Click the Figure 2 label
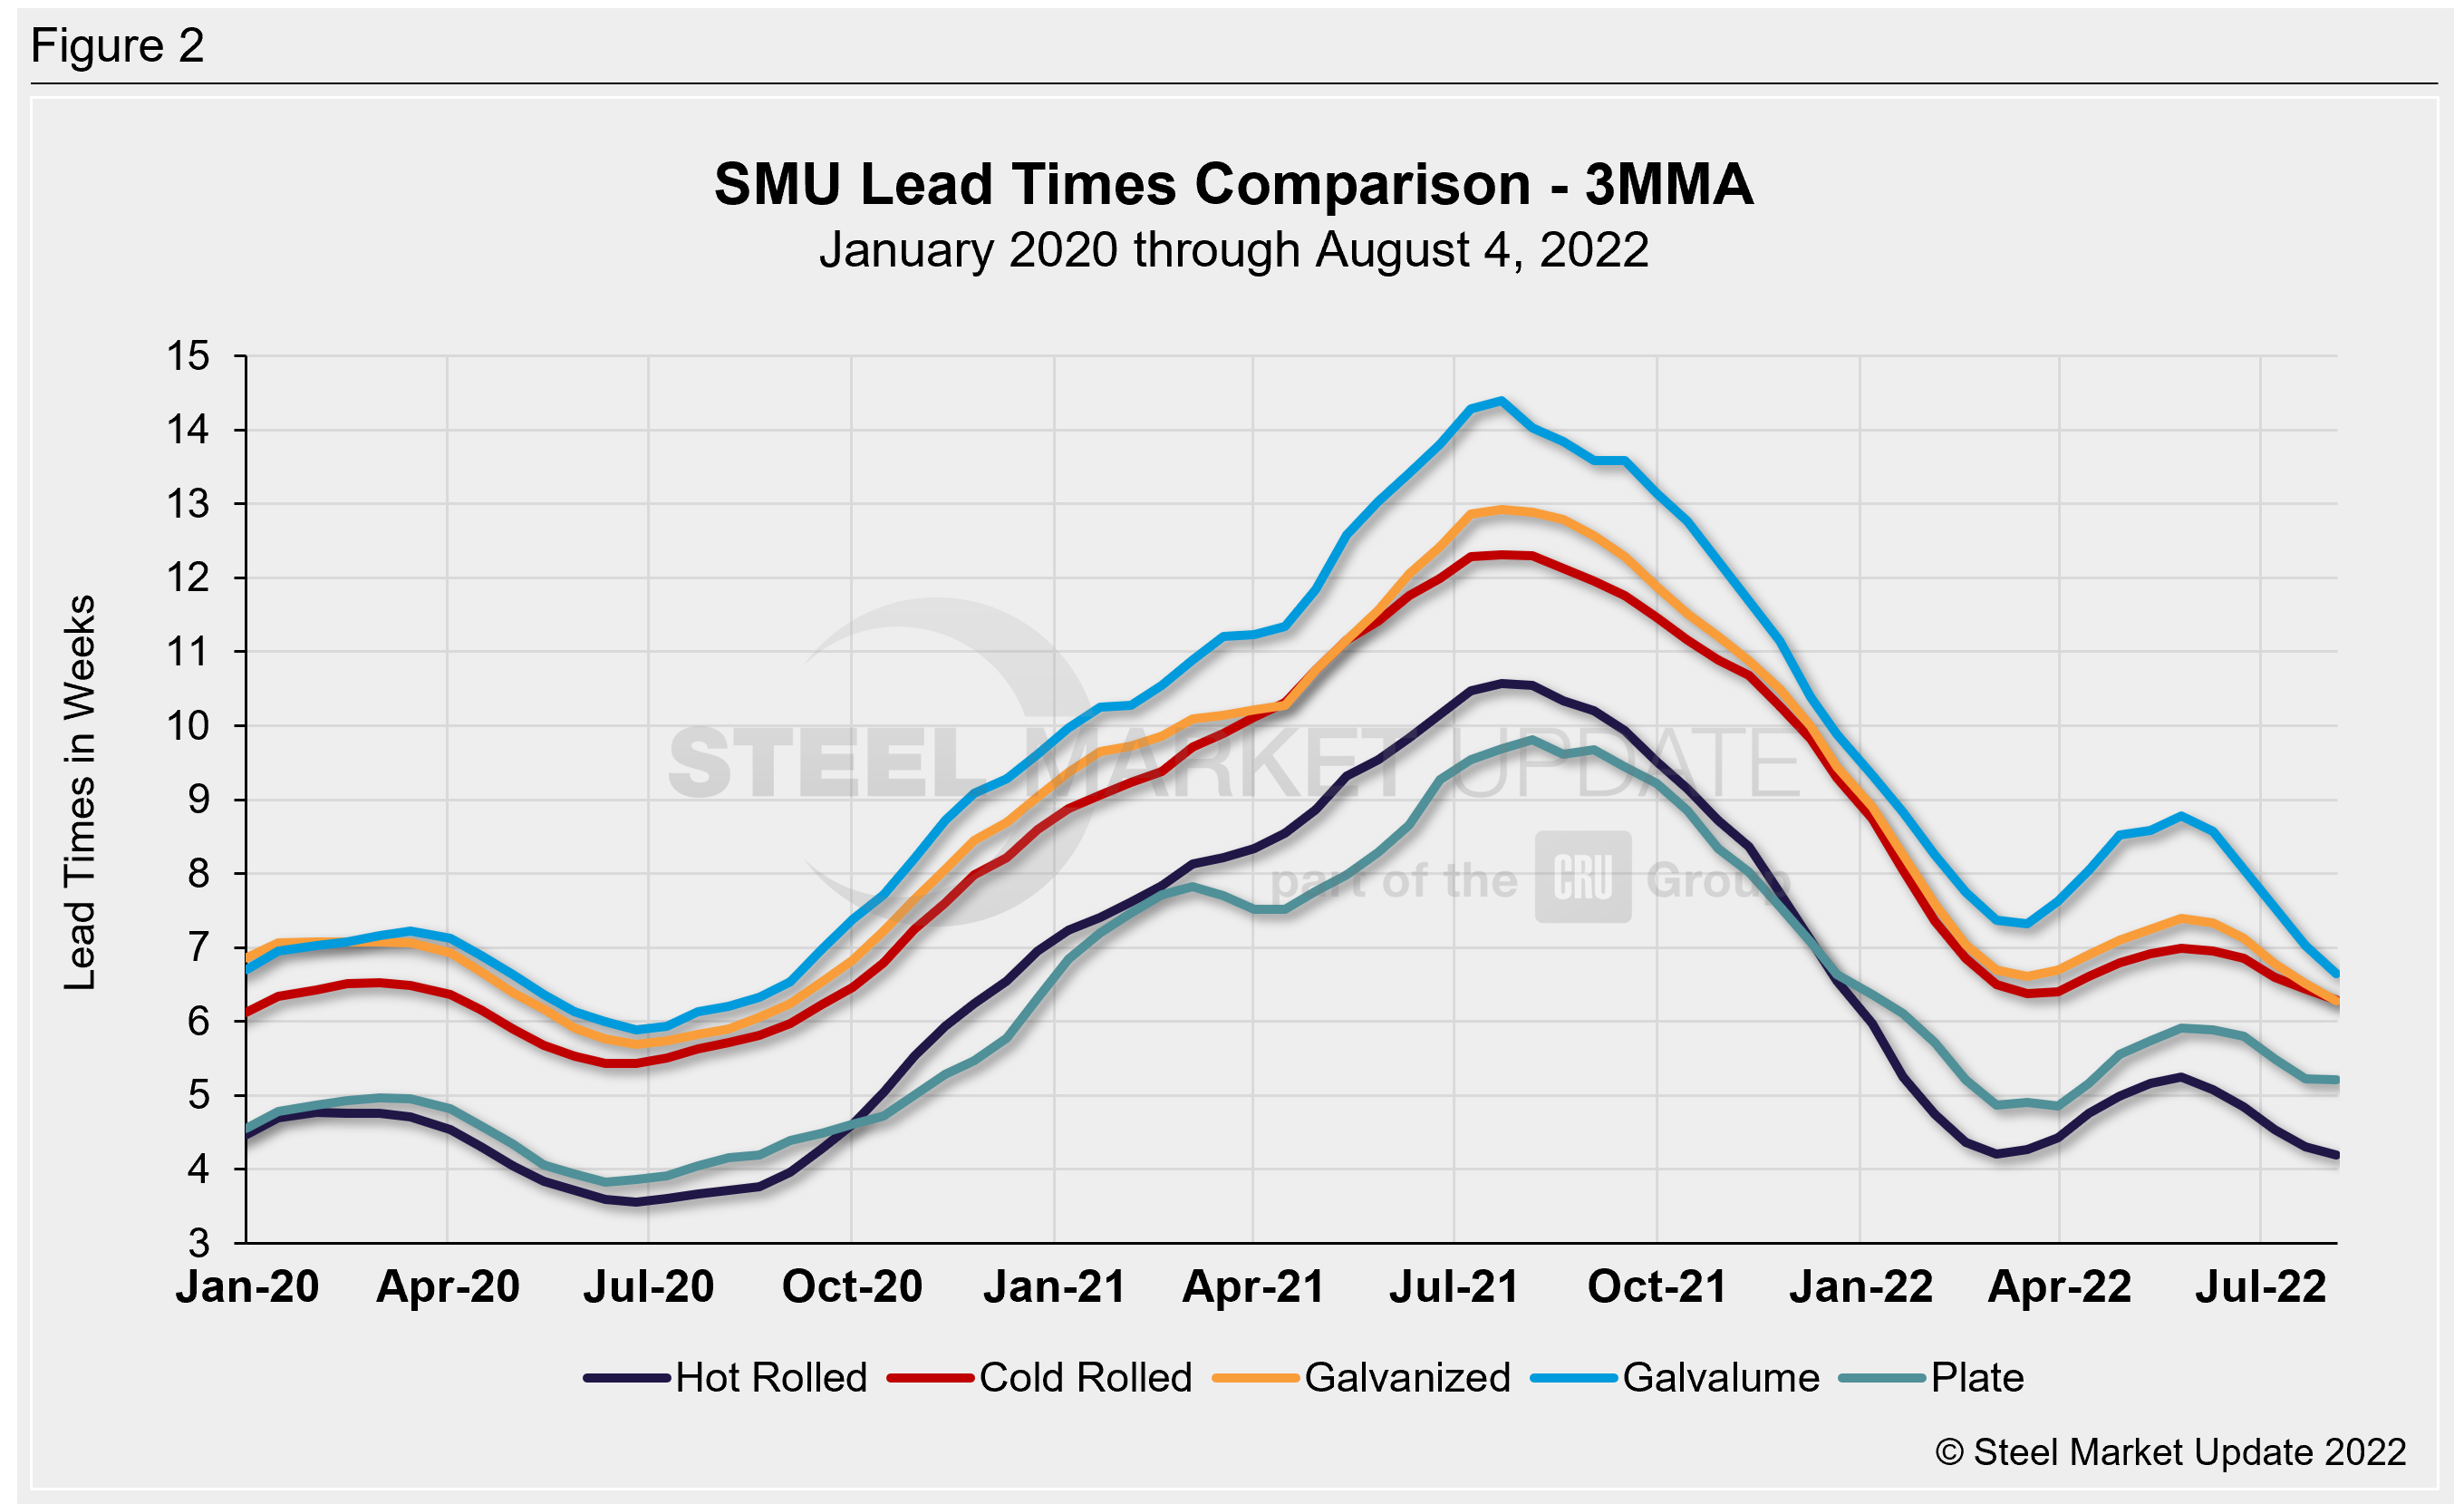118,46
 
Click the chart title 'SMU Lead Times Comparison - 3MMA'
1233,185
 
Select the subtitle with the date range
1233,250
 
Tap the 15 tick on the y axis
188,355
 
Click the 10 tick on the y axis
188,726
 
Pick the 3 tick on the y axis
199,1243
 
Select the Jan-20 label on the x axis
247,1286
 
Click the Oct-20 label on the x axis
852,1286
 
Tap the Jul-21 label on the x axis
1454,1286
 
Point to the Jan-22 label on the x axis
1860,1286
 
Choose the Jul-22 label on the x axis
2261,1286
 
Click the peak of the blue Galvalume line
1501,402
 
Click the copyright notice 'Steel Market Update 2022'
2171,1452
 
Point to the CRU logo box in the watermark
1582,878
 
